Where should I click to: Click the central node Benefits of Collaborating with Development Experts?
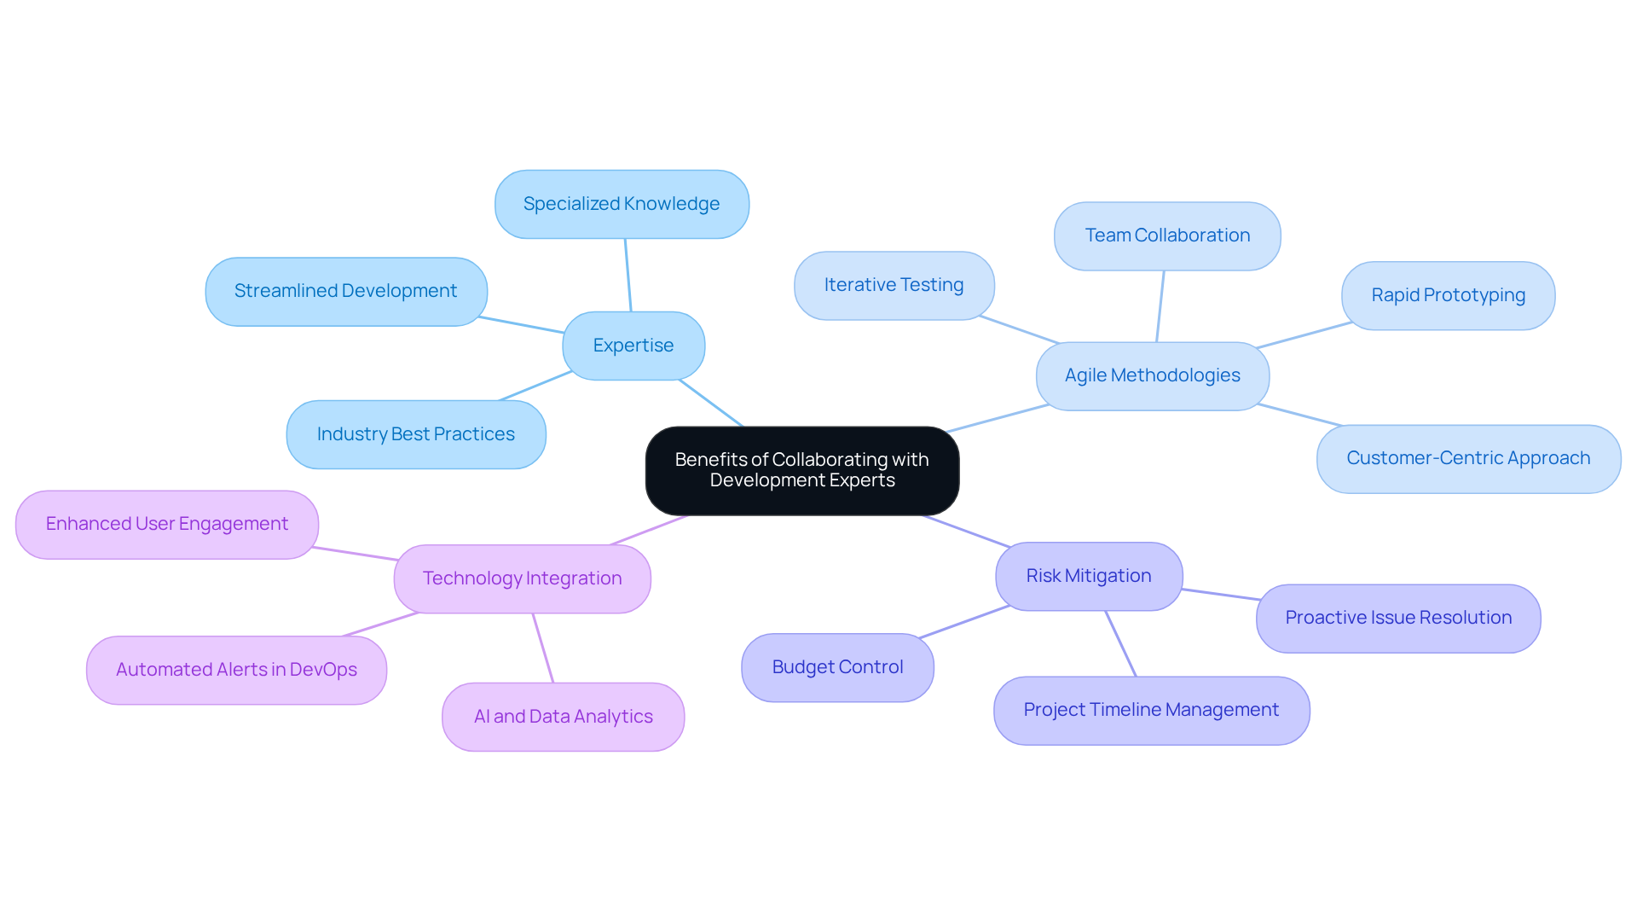point(801,470)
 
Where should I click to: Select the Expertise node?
point(633,346)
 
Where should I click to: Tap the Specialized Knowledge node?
point(622,204)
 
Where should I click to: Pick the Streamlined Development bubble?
point(345,291)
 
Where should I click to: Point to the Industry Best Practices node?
point(415,434)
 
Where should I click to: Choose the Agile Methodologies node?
point(1152,375)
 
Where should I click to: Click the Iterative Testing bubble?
point(894,285)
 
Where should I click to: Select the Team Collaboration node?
point(1167,235)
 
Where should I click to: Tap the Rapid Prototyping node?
point(1448,295)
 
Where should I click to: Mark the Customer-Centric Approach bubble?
point(1468,458)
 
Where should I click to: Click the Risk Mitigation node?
point(1088,576)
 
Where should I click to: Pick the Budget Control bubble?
point(837,667)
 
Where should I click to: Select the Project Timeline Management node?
point(1151,710)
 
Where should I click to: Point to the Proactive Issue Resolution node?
point(1398,618)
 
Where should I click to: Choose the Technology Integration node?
point(522,578)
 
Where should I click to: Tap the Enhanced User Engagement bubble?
point(167,524)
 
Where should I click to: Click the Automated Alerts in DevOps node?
point(236,670)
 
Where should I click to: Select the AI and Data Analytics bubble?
point(563,717)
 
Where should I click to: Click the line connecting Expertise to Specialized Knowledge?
point(628,275)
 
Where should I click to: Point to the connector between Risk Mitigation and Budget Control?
point(964,622)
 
